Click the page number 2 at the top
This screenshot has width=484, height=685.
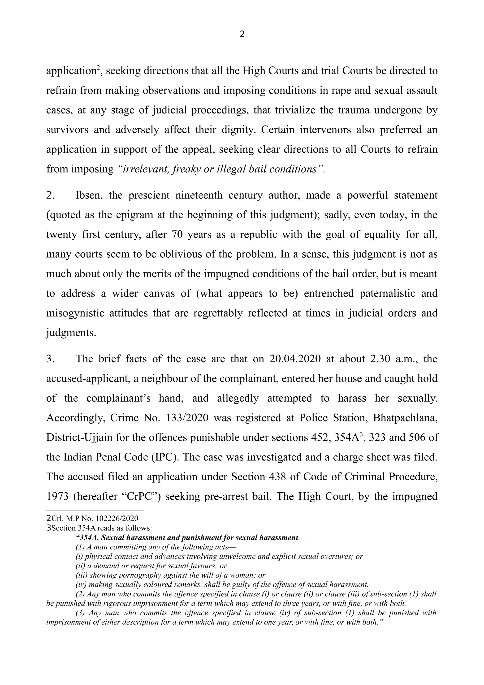[x=242, y=34]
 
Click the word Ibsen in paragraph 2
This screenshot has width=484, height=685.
[x=87, y=195]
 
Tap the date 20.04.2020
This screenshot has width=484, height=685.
[x=295, y=359]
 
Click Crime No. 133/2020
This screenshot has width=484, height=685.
[x=159, y=418]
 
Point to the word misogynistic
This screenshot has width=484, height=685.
[x=75, y=313]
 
